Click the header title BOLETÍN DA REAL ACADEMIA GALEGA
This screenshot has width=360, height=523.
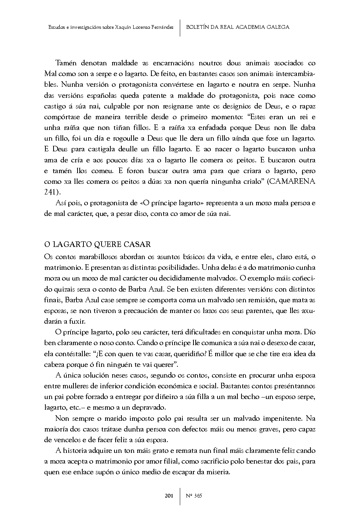pos(238,27)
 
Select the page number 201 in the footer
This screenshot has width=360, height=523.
pos(169,495)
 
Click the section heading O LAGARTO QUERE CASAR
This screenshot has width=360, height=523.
pos(97,245)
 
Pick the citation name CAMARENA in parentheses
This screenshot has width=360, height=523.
pos(294,182)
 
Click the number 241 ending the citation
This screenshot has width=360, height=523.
pos(50,192)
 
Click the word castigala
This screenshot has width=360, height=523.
pos(98,149)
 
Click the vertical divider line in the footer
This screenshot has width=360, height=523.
pos(180,495)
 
